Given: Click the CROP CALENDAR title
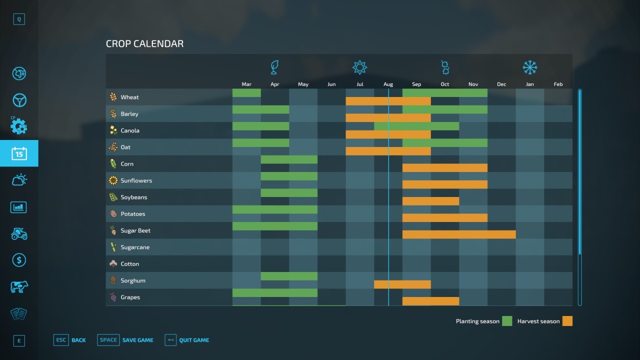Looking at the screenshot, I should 144,44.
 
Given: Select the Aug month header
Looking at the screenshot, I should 388,84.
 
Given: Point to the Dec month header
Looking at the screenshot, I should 501,84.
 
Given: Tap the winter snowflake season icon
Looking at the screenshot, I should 529,67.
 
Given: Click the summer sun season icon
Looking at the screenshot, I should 359,67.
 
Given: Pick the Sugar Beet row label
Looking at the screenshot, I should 135,230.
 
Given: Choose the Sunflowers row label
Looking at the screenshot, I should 136,180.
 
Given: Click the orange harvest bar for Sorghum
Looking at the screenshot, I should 402,284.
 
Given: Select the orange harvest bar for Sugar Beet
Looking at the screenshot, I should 459,234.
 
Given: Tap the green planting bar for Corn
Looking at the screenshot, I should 289,159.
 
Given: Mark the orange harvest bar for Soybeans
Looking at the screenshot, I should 430,201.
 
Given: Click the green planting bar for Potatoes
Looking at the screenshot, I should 274,209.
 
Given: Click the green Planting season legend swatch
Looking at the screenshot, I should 507,321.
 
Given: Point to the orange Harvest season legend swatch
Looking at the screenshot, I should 567,321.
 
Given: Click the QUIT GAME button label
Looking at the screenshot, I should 194,340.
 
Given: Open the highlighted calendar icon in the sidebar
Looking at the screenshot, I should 19,153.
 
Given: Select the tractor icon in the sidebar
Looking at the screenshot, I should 19,233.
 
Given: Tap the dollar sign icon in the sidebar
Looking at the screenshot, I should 19,260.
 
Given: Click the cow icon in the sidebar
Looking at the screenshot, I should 19,287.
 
